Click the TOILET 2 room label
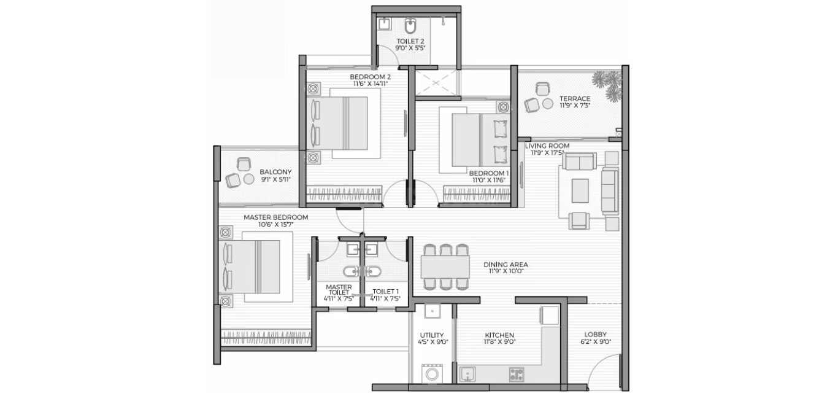pos(410,41)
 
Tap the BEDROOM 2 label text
pos(370,77)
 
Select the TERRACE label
pos(575,99)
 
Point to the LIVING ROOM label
pos(547,146)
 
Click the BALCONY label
pos(275,173)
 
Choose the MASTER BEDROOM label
pos(275,217)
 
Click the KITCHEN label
pos(499,335)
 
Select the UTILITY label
pos(432,335)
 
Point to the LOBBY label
pos(596,335)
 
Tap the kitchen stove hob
pos(517,374)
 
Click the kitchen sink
pos(467,374)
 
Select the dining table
pos(445,267)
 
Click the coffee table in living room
pos(580,191)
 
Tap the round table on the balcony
pos(249,179)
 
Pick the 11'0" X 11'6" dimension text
pos(488,180)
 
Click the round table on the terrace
pos(548,104)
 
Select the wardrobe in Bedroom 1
pos(477,195)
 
